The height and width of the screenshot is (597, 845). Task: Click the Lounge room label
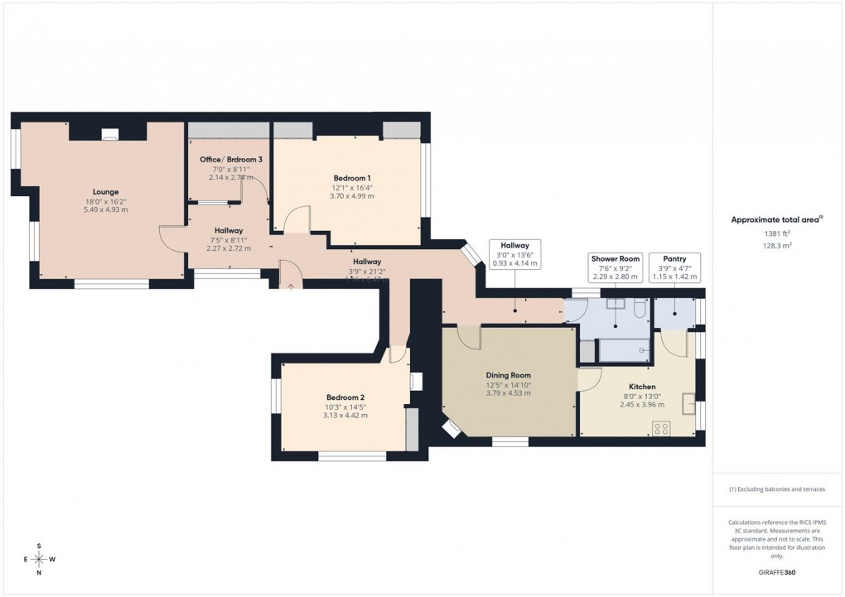pyautogui.click(x=105, y=191)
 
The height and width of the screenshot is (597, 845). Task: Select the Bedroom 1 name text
pyautogui.click(x=352, y=178)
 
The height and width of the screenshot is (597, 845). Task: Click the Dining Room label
pyautogui.click(x=508, y=374)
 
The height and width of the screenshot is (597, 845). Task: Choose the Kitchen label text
pyautogui.click(x=642, y=387)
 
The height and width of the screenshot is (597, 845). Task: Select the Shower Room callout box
pyautogui.click(x=615, y=267)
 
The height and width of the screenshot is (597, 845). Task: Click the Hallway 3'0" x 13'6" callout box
pyautogui.click(x=514, y=253)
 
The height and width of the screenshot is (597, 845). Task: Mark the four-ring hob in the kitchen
pyautogui.click(x=662, y=428)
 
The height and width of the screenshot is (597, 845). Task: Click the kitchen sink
pyautogui.click(x=688, y=403)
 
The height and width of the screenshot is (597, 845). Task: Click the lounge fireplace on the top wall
pyautogui.click(x=109, y=132)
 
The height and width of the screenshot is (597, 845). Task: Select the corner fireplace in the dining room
pyautogui.click(x=451, y=428)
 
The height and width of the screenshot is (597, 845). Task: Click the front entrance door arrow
pyautogui.click(x=291, y=286)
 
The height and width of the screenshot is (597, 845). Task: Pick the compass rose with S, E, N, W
pyautogui.click(x=40, y=559)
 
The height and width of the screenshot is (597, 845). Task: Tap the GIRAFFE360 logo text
pyautogui.click(x=775, y=572)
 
